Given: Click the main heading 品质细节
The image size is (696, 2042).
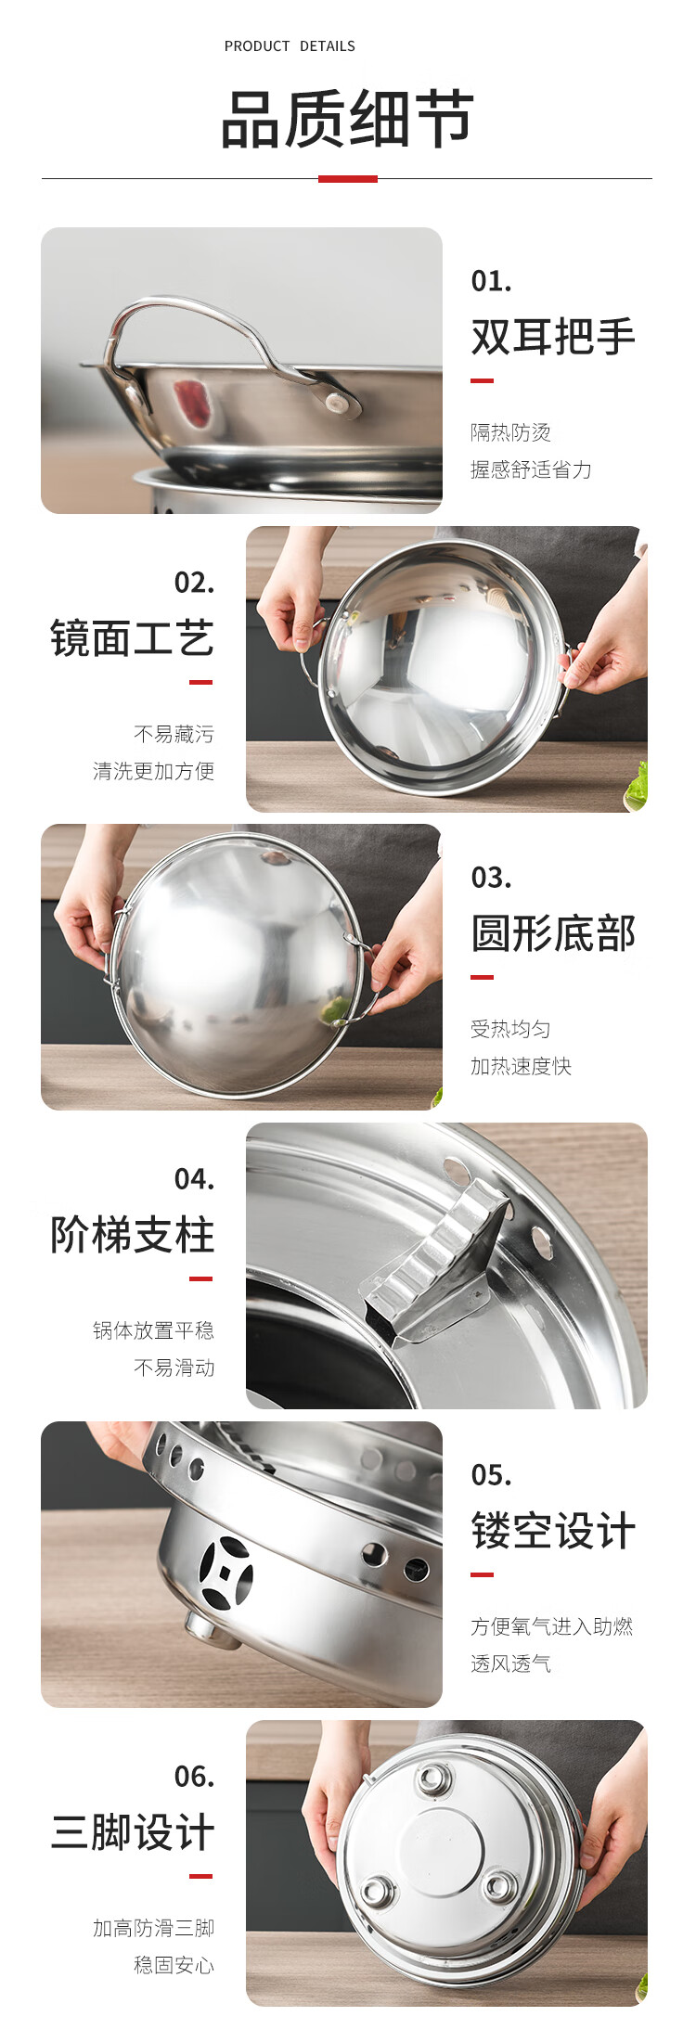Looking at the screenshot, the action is [347, 119].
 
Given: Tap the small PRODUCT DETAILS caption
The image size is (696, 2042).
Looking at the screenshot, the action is [290, 46].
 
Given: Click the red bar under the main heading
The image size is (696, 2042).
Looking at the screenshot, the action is [348, 178].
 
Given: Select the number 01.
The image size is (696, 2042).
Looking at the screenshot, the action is [491, 280].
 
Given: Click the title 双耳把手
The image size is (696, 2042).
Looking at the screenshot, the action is [553, 336].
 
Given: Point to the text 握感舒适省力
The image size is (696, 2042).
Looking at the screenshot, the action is [531, 469].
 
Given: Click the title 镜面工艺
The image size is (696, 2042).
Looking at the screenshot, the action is [132, 638].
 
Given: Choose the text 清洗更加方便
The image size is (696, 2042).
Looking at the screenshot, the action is [153, 771].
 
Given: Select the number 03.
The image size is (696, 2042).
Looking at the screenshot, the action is [491, 878].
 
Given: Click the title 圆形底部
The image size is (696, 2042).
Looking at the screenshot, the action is [553, 933].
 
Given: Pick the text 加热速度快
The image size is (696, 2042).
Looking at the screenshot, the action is [521, 1066].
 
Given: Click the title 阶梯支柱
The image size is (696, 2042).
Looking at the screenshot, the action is [132, 1235].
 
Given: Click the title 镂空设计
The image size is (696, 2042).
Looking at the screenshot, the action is [553, 1531].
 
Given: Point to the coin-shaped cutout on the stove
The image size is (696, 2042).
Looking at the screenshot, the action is [226, 1573].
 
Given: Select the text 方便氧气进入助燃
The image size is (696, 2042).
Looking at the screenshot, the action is [551, 1626].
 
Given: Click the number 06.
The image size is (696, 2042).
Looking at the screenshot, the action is [194, 1777].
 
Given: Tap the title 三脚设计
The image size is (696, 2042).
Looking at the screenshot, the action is [132, 1832].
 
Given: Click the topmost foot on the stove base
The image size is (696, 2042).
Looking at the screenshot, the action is [433, 1779].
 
